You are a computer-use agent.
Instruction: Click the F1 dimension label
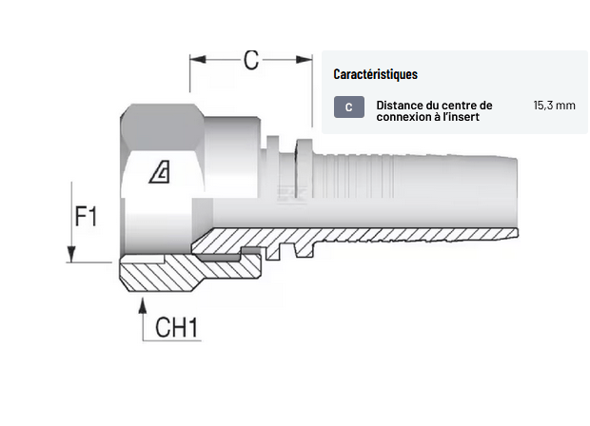point(87,217)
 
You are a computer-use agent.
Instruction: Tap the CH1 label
point(176,328)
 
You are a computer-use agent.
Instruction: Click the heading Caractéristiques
point(375,74)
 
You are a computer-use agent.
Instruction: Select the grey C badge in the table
point(348,106)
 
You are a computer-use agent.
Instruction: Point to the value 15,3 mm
point(554,106)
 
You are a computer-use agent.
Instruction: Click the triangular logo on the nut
point(160,172)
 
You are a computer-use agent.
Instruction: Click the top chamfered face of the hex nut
point(162,119)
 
